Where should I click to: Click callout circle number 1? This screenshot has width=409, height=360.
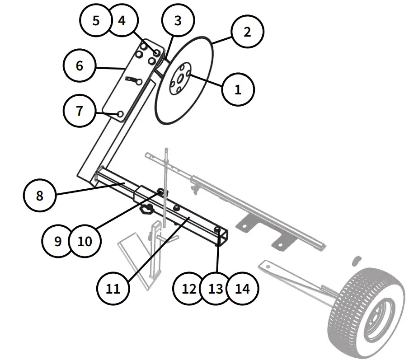(238, 89)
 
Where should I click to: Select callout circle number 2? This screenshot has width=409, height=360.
(247, 32)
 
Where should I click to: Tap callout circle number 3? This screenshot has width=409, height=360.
(178, 21)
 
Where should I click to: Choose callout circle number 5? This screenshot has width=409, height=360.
(96, 21)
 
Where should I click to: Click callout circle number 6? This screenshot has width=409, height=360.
(80, 65)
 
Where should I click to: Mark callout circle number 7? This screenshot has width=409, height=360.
(80, 110)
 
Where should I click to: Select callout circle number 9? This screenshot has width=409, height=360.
(58, 241)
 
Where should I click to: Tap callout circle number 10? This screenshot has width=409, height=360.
(85, 241)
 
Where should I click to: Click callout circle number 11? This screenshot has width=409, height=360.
(113, 288)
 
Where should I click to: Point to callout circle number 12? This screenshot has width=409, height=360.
(190, 288)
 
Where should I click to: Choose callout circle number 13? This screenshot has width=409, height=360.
(216, 288)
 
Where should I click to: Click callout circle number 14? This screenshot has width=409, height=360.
(243, 288)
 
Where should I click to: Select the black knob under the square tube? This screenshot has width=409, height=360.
(146, 209)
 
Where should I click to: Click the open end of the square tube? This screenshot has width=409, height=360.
(223, 238)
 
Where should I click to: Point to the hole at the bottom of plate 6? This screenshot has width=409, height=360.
(120, 114)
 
